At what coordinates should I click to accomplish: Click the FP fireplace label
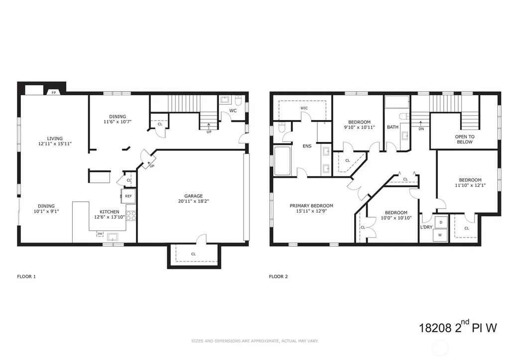pyautogui.click(x=54, y=93)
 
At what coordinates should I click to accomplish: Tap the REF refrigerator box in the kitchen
pyautogui.click(x=128, y=196)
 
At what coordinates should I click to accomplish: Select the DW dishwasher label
pyautogui.click(x=100, y=234)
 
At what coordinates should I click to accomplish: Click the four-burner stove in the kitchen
pyautogui.click(x=131, y=216)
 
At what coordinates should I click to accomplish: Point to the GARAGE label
pyautogui.click(x=194, y=196)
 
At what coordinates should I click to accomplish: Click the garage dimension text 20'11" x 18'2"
pyautogui.click(x=194, y=201)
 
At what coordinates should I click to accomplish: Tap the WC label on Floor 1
pyautogui.click(x=233, y=111)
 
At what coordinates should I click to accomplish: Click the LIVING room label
pyautogui.click(x=55, y=138)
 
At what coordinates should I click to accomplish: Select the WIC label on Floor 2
pyautogui.click(x=304, y=108)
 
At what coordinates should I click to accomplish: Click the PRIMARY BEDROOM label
pyautogui.click(x=311, y=206)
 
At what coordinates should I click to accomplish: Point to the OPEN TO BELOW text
pyautogui.click(x=465, y=139)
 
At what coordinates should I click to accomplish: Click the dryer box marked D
pyautogui.click(x=441, y=222)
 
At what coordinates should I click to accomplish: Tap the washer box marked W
pyautogui.click(x=440, y=235)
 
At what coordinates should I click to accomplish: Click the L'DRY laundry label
pyautogui.click(x=426, y=227)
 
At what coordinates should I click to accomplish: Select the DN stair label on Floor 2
pyautogui.click(x=421, y=129)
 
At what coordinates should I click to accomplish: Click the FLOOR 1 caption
pyautogui.click(x=26, y=276)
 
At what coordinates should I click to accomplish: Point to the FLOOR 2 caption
pyautogui.click(x=278, y=276)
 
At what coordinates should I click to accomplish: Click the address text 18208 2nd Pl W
pyautogui.click(x=458, y=327)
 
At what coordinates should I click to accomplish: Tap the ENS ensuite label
pyautogui.click(x=307, y=146)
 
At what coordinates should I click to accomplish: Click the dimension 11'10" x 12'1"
pyautogui.click(x=470, y=185)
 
